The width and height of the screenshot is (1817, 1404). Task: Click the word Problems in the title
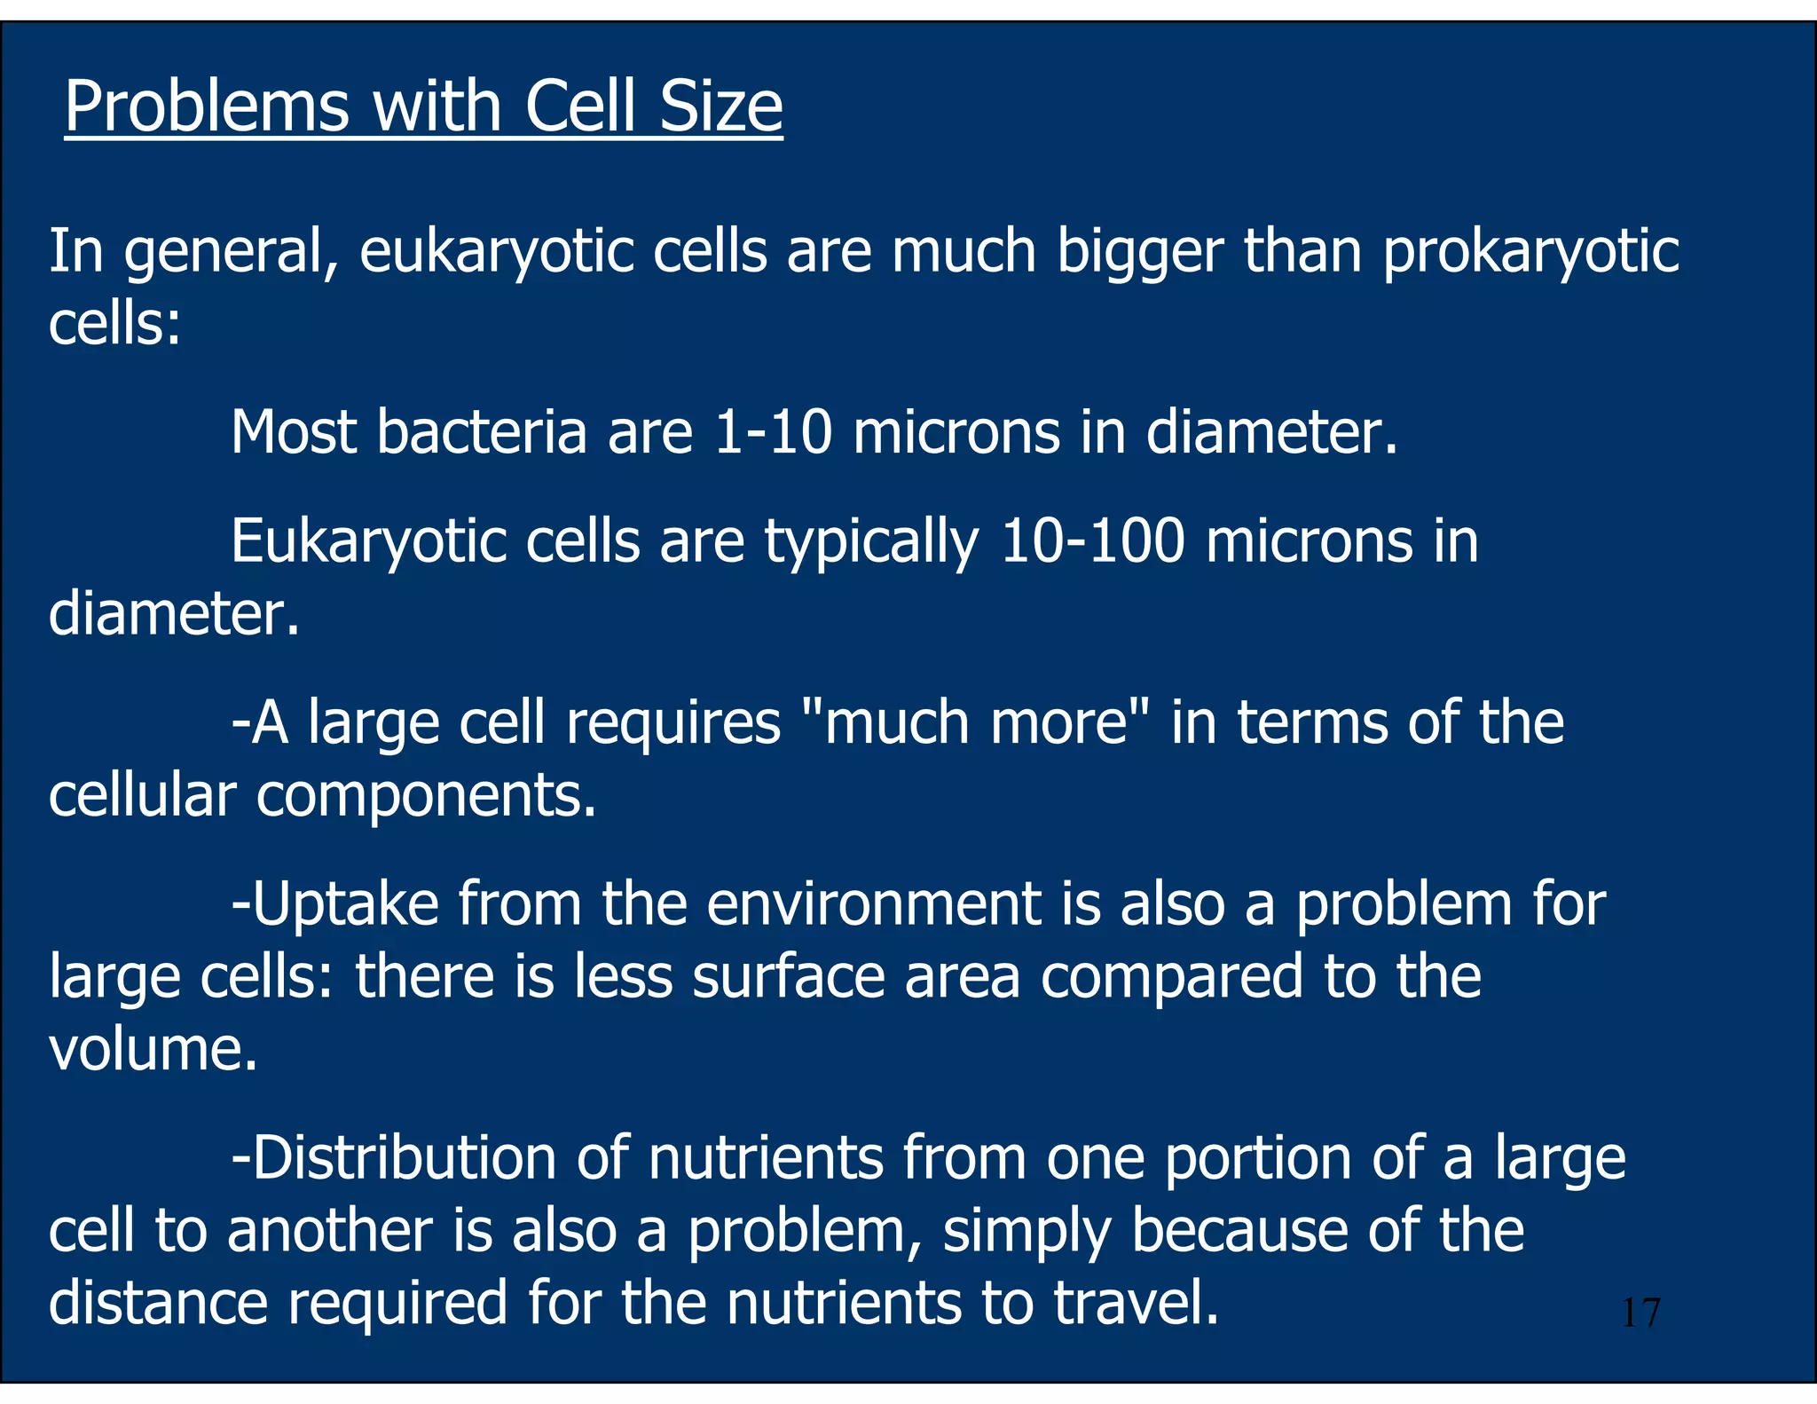(207, 107)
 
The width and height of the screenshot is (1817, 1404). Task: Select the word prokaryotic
(1530, 253)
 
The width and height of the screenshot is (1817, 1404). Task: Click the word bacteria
(481, 432)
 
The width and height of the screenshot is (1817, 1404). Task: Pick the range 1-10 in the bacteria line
(773, 432)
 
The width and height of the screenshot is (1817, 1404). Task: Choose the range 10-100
(1092, 540)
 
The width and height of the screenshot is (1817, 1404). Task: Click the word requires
(673, 723)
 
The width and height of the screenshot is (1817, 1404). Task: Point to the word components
(426, 797)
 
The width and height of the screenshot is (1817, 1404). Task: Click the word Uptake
(346, 905)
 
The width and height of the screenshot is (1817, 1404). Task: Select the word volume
(153, 1049)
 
